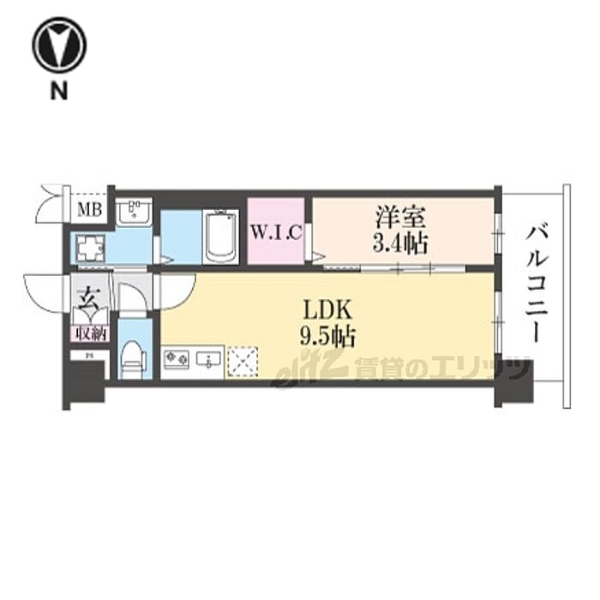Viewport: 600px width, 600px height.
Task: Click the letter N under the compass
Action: click(x=57, y=91)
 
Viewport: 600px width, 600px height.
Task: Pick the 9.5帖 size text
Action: click(x=328, y=333)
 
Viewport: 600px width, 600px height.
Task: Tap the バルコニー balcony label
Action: click(x=537, y=283)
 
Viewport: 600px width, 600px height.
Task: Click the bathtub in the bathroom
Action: click(x=221, y=237)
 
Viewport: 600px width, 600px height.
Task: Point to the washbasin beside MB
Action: click(x=135, y=212)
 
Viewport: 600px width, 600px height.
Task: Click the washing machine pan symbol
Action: click(x=89, y=250)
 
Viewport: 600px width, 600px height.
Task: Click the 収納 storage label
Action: click(x=87, y=332)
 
